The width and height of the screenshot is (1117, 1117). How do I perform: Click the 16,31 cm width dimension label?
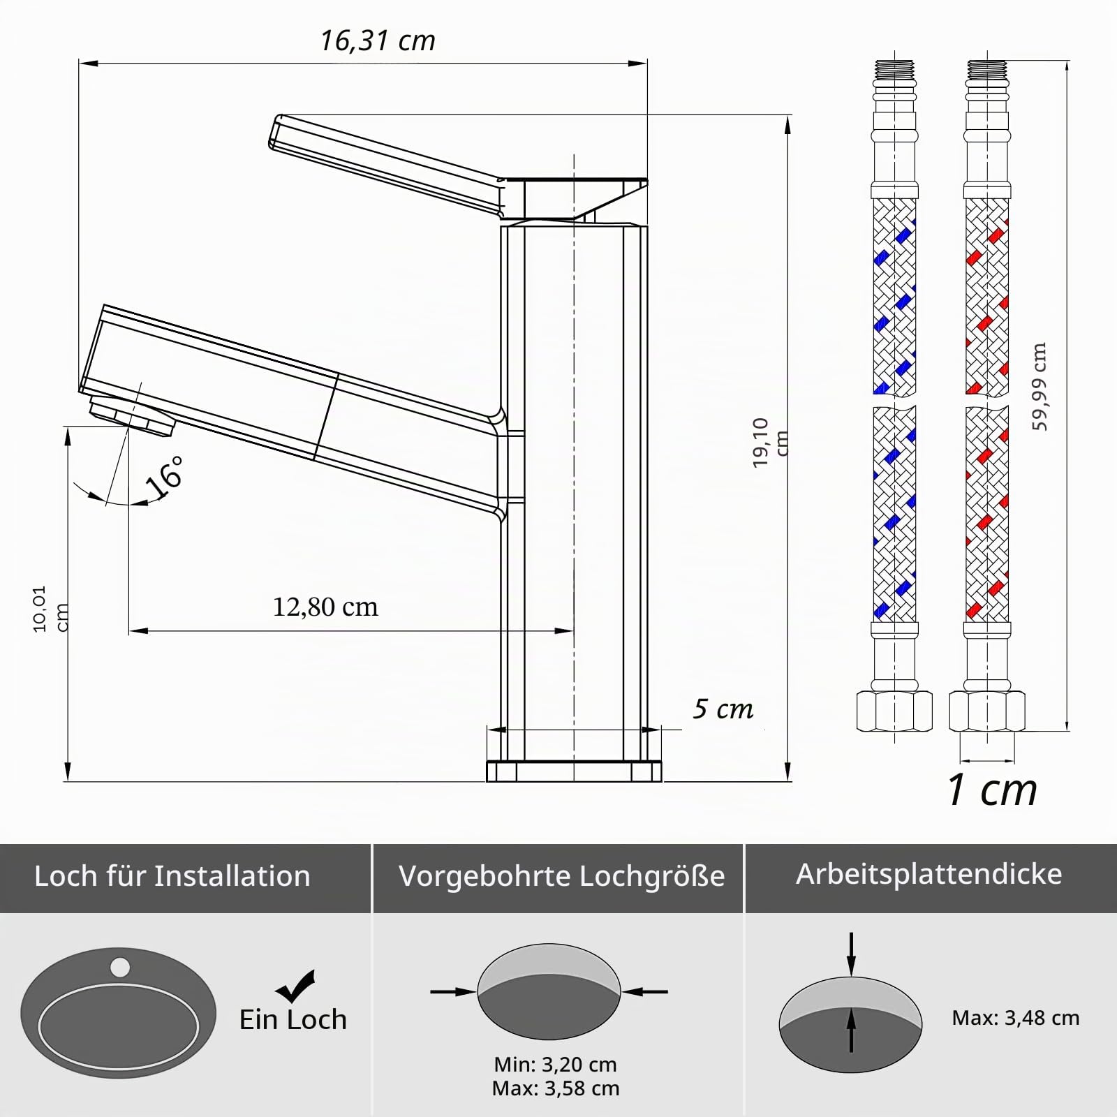pyautogui.click(x=378, y=40)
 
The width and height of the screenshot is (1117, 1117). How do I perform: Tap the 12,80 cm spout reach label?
pyautogui.click(x=325, y=607)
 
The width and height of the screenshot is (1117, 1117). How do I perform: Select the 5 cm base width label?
pyautogui.click(x=723, y=709)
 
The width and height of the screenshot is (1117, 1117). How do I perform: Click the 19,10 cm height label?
pyautogui.click(x=770, y=441)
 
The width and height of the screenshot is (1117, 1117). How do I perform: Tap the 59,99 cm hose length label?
pyautogui.click(x=1040, y=386)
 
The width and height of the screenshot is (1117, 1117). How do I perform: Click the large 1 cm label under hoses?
pyautogui.click(x=992, y=790)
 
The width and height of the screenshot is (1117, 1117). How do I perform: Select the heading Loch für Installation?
pyautogui.click(x=172, y=875)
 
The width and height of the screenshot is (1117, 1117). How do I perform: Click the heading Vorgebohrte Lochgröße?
pyautogui.click(x=561, y=876)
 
